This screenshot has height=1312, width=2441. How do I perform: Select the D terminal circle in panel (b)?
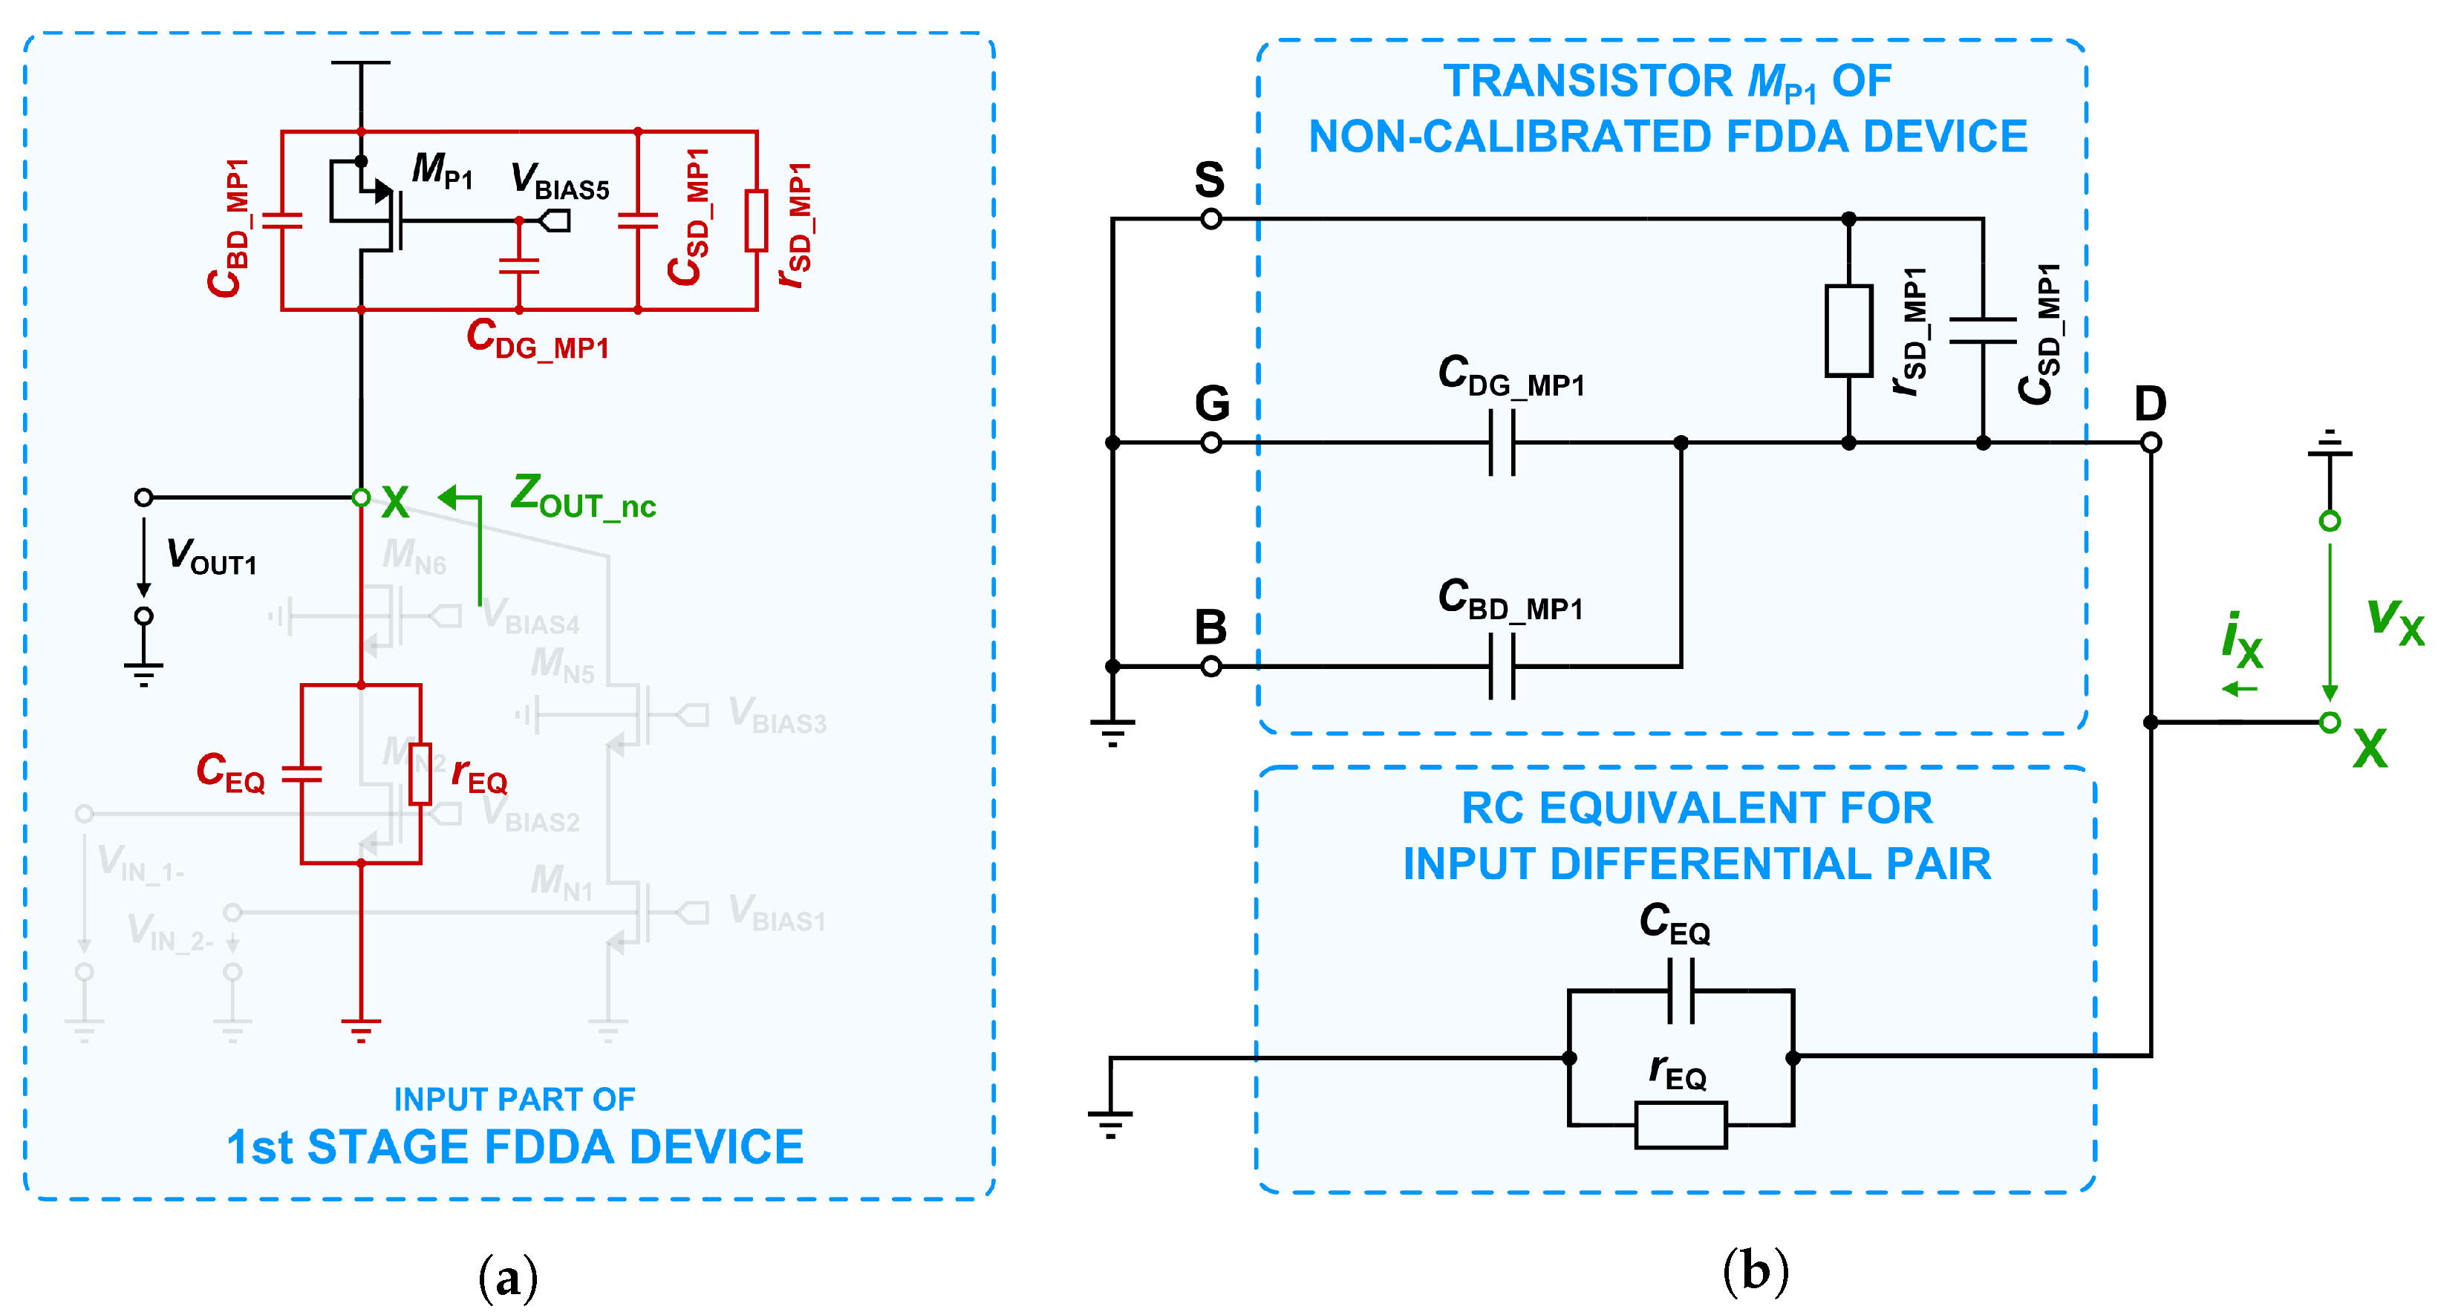(2151, 443)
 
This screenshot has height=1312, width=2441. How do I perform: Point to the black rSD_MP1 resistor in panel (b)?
(1848, 330)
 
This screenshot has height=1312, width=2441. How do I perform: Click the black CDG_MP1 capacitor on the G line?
(1502, 443)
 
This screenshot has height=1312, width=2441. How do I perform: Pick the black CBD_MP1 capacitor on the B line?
(1502, 667)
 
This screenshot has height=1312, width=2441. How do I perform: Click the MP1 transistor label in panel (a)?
(442, 172)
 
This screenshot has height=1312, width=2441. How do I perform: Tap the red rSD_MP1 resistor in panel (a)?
(755, 221)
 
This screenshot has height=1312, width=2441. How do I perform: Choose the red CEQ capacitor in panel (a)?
(302, 774)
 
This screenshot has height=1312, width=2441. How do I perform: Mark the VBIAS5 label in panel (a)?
(559, 182)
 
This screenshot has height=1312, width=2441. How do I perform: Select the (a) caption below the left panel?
(508, 1277)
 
